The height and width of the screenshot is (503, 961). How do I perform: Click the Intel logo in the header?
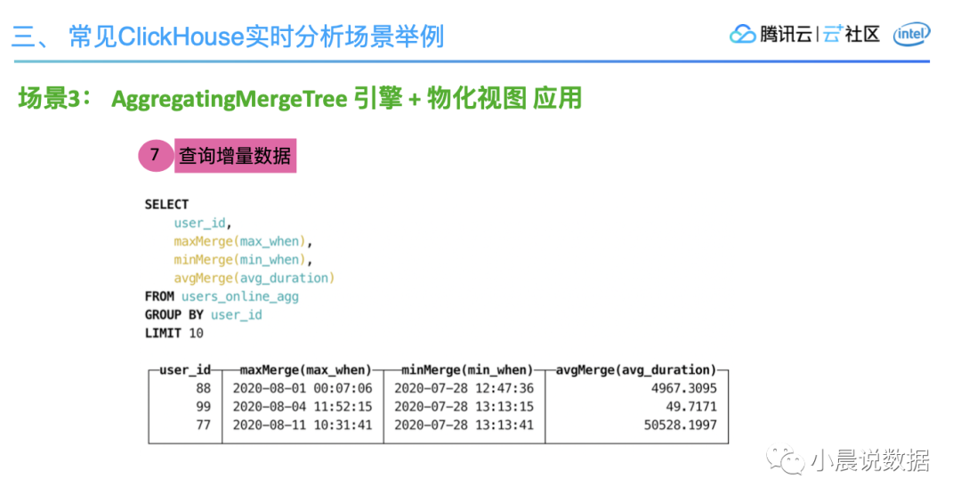(911, 35)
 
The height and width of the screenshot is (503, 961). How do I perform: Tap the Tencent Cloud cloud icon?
(742, 35)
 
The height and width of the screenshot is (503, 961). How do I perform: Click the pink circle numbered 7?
(156, 155)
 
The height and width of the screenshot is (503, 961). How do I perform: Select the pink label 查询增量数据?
(235, 156)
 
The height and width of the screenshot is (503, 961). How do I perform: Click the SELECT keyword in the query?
(166, 204)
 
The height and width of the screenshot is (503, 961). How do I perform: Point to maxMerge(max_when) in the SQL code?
(239, 241)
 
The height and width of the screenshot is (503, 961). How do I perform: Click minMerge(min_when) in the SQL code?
(239, 259)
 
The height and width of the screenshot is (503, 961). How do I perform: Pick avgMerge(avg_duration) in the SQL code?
(254, 278)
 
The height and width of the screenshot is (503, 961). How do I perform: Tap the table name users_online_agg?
(240, 296)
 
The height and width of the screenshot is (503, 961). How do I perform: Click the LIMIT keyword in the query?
(163, 333)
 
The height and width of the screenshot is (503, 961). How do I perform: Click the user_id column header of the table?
(185, 369)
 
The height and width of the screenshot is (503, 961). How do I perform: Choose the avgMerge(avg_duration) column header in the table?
(636, 369)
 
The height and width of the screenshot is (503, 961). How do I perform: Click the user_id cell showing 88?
(204, 388)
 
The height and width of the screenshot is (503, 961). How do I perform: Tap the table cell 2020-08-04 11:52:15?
(303, 407)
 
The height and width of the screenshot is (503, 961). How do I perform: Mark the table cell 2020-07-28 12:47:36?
(464, 388)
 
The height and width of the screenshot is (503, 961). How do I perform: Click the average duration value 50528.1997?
(681, 425)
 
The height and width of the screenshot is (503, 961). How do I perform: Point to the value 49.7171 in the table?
(691, 407)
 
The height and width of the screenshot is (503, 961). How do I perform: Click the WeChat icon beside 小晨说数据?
(785, 460)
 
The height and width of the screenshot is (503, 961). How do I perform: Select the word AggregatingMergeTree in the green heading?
(230, 99)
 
